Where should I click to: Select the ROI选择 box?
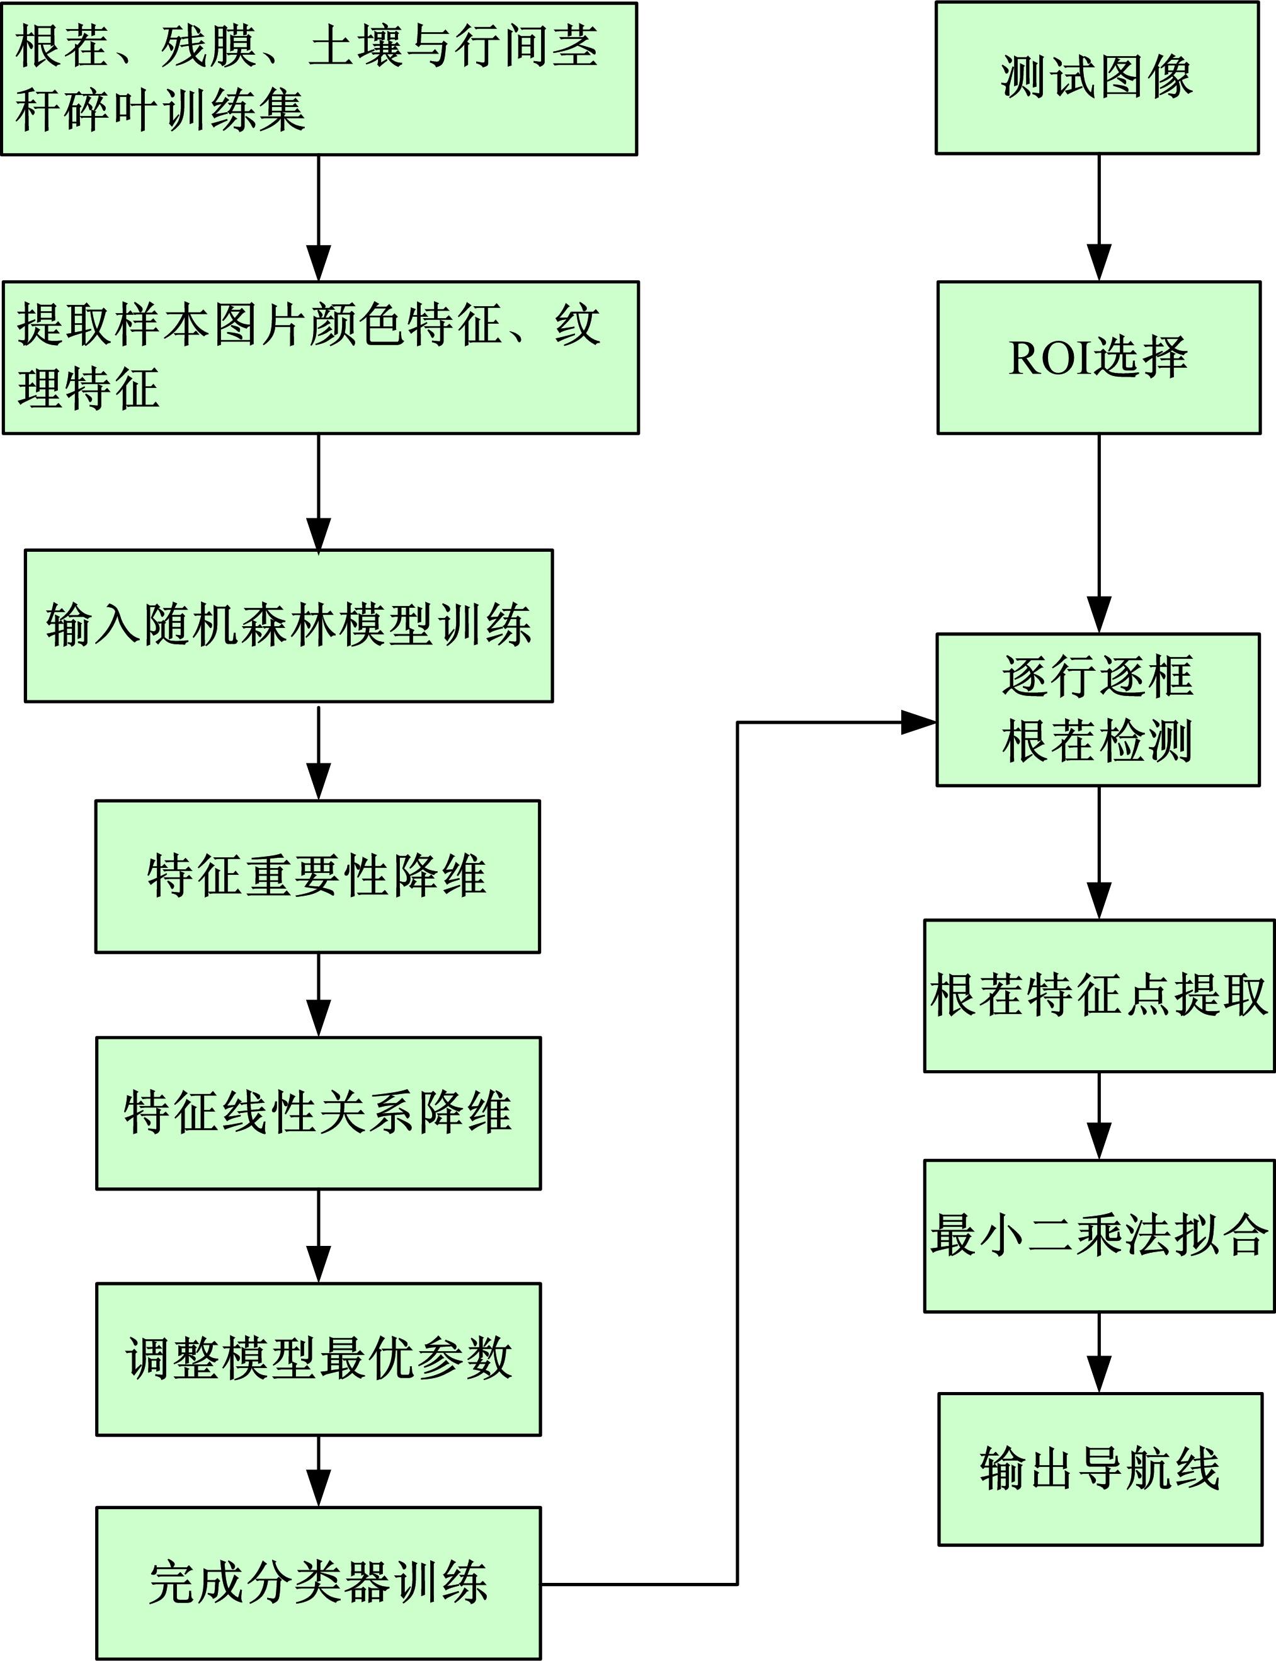tap(1098, 358)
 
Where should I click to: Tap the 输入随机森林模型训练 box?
tap(288, 626)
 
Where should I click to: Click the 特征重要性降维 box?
tap(317, 876)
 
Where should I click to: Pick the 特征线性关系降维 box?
tap(318, 1114)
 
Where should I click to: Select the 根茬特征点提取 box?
tap(1099, 996)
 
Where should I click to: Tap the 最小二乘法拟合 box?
tap(1099, 1236)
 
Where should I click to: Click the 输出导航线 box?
tap(1100, 1469)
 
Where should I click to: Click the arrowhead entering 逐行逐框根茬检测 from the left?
tap(918, 722)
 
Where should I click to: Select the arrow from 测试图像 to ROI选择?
tap(1099, 218)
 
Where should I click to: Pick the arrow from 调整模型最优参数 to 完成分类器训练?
tap(318, 1471)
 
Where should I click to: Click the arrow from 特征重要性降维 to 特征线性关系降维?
tap(318, 994)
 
